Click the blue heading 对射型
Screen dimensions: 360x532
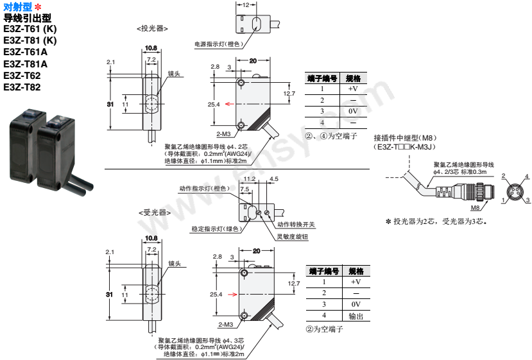17,6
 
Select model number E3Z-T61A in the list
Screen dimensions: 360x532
26,52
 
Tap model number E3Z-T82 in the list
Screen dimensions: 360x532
22,87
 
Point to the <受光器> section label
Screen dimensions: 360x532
153,212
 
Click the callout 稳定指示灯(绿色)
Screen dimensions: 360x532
215,228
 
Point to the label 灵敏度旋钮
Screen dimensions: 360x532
292,236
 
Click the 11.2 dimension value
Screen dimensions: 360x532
250,179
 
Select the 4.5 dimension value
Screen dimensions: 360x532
274,179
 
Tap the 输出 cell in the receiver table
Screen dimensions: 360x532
356,316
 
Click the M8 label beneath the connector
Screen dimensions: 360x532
475,208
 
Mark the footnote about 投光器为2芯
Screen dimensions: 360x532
436,221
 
